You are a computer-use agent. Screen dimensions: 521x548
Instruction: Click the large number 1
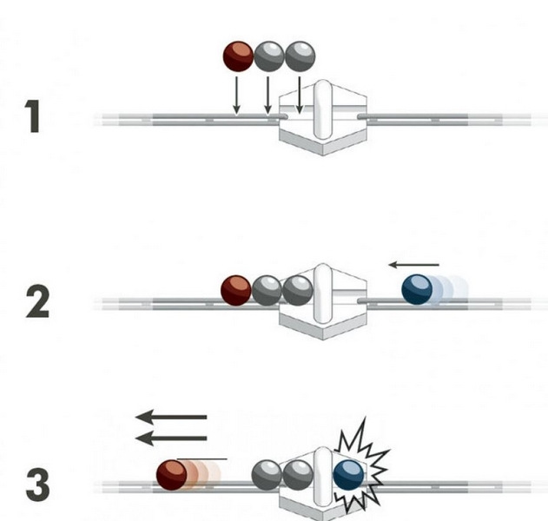[34, 117]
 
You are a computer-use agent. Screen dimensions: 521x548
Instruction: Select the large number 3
[37, 485]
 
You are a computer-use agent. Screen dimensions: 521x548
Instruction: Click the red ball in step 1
[238, 56]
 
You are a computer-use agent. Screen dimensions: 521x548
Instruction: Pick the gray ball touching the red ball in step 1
[268, 56]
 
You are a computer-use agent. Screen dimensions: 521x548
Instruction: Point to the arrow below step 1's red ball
[236, 95]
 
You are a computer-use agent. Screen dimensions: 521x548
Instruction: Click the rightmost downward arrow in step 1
[299, 95]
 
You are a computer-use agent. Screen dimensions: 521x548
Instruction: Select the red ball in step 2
[235, 290]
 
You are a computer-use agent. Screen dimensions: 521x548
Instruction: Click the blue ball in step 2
[418, 290]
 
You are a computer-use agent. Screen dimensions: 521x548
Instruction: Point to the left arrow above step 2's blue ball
[413, 264]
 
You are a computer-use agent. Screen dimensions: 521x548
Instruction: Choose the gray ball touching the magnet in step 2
[298, 290]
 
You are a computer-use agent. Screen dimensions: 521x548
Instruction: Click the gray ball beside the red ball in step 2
[267, 290]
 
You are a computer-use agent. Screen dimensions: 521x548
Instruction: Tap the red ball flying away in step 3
[172, 476]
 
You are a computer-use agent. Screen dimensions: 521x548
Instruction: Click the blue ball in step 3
[348, 476]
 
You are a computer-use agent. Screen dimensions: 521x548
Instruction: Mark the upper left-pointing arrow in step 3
[171, 418]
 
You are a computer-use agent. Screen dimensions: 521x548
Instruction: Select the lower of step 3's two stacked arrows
[171, 439]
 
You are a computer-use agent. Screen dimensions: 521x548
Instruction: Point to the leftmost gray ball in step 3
[267, 476]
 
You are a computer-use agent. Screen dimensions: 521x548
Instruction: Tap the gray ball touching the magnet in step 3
[298, 476]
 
